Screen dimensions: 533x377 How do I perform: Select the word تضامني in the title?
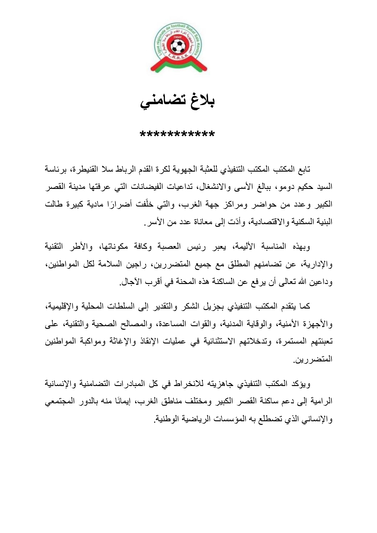(x=160, y=102)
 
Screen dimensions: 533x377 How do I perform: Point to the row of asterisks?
(x=177, y=134)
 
